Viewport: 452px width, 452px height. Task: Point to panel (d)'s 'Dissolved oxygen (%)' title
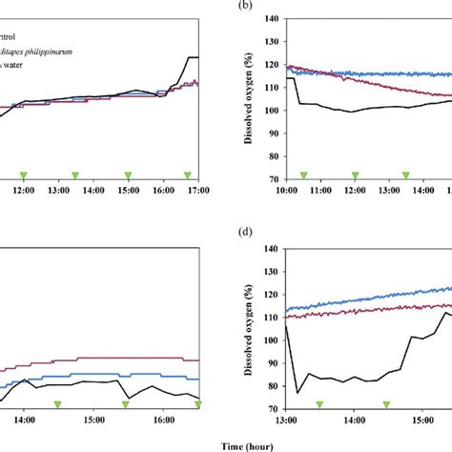pos(250,328)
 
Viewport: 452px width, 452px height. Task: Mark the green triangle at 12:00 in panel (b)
pos(355,175)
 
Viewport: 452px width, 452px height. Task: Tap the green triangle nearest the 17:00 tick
pos(188,175)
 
